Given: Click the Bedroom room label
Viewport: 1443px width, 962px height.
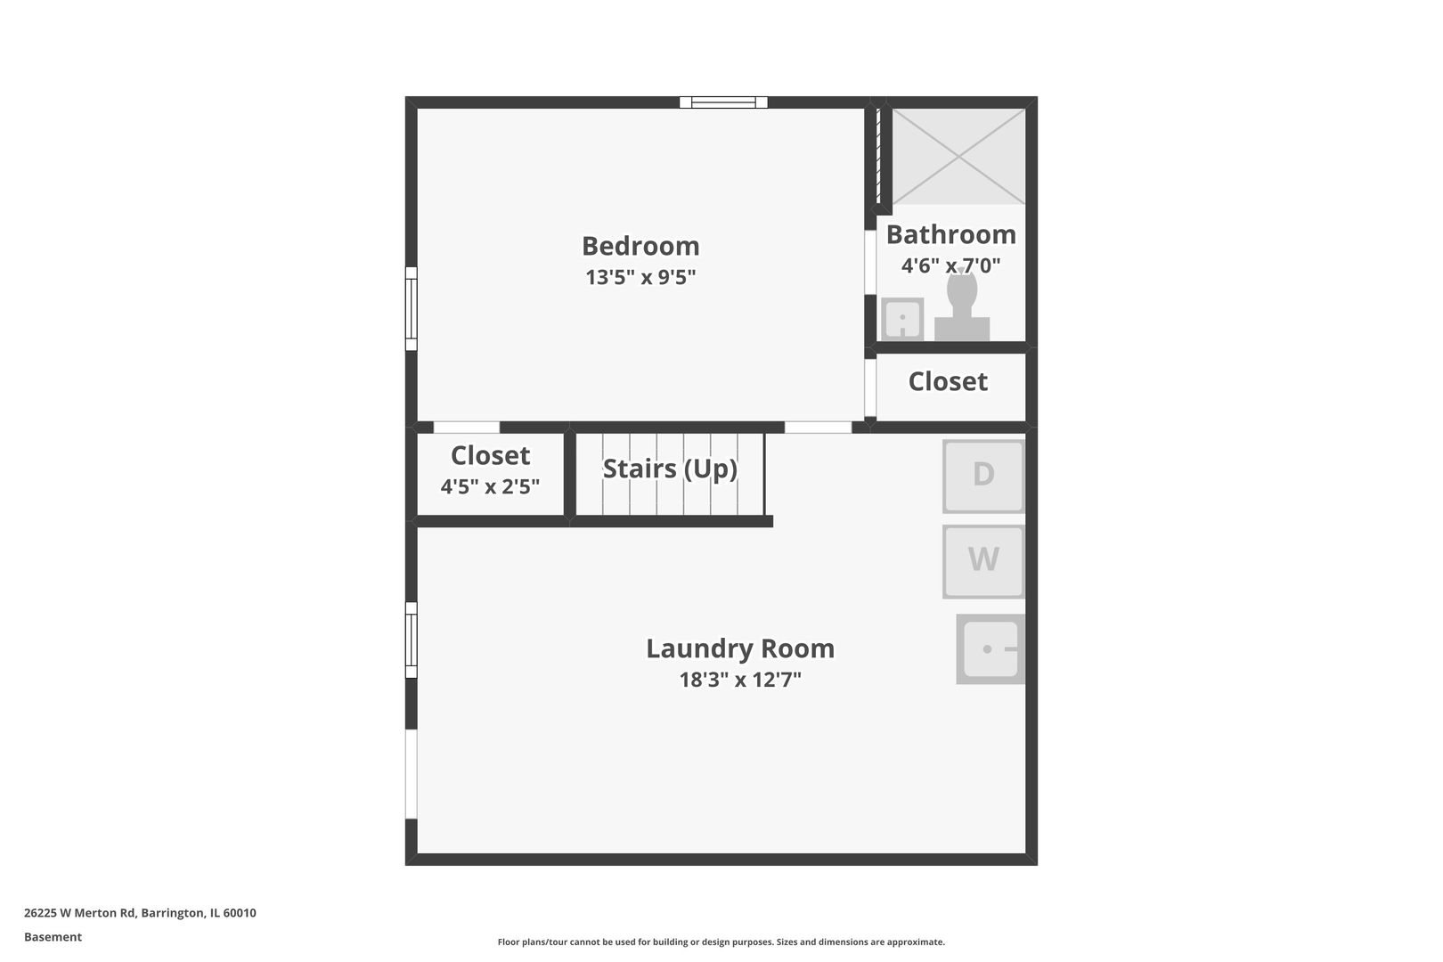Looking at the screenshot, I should (640, 246).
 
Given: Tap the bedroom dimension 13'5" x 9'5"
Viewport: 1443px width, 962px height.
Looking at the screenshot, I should (640, 277).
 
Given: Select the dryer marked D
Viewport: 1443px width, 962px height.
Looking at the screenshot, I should (983, 476).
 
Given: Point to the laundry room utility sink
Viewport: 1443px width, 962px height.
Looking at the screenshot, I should (990, 649).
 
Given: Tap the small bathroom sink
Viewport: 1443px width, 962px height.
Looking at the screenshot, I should (902, 319).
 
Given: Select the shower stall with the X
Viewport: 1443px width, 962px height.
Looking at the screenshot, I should (958, 157).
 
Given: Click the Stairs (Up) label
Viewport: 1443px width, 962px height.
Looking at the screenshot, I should (670, 469).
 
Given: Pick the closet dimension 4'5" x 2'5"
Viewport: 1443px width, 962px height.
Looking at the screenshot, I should (490, 487).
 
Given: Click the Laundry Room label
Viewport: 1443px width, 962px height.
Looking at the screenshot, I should (740, 648).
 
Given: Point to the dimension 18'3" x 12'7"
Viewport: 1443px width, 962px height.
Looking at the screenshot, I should (740, 681).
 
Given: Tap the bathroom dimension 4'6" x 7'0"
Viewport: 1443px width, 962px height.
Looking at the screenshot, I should (950, 265).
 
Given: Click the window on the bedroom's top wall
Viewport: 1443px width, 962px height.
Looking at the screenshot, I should (723, 102).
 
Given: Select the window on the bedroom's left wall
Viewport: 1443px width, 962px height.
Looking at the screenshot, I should (412, 309).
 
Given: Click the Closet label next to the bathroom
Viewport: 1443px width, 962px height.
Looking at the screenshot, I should (948, 381).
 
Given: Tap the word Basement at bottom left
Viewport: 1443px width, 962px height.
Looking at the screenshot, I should (53, 937).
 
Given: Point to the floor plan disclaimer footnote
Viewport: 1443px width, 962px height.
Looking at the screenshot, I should (721, 942).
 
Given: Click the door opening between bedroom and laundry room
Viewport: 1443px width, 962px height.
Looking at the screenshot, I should (818, 428).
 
